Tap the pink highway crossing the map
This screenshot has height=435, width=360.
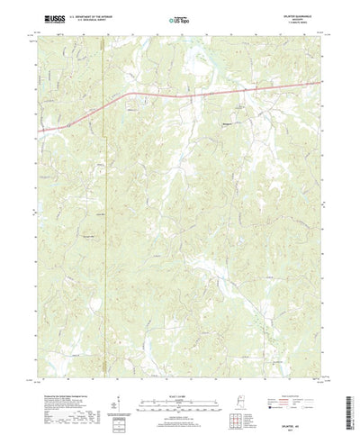point(180,92)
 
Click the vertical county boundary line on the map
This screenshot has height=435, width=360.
point(103,225)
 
